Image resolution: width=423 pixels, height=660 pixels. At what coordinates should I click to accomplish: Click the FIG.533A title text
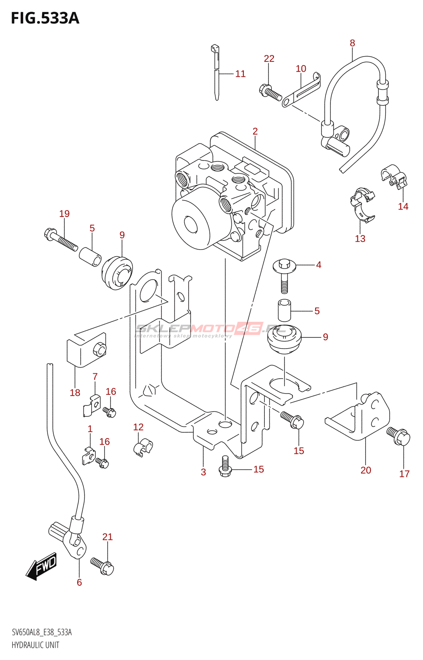[45, 18]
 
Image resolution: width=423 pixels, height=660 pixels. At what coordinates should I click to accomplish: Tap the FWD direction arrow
[42, 566]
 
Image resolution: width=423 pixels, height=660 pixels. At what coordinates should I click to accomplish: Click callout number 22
[269, 59]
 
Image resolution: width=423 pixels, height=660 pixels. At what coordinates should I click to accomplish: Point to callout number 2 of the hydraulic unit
[255, 131]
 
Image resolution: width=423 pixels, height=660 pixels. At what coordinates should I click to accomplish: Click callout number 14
[403, 206]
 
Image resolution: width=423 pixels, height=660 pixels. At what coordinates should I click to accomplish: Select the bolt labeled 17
[399, 436]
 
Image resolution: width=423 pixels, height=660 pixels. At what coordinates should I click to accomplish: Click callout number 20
[366, 470]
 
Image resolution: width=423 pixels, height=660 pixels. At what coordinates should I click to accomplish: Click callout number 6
[79, 582]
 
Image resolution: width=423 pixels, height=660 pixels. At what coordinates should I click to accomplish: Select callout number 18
[75, 393]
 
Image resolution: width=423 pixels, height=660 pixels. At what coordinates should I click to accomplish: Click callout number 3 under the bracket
[203, 472]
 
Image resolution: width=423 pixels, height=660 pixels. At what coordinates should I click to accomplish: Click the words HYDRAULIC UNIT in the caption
[36, 645]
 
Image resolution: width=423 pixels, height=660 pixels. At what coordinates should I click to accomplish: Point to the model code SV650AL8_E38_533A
[42, 632]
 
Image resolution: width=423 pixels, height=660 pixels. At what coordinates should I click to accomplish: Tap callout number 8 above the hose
[352, 43]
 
